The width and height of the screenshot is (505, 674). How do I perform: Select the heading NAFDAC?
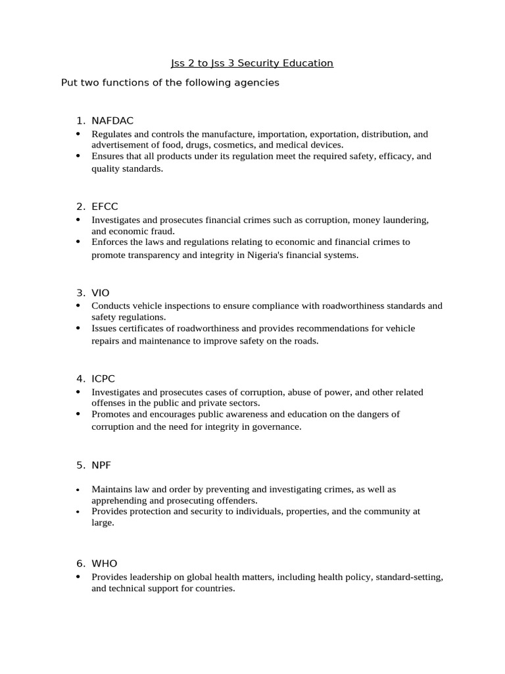112,120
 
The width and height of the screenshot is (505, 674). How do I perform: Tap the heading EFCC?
105,207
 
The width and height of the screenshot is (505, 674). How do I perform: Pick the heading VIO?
101,292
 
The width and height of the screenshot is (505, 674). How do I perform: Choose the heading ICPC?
104,378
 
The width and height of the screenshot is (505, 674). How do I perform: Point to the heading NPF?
101,465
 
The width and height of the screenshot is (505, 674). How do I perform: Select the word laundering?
406,219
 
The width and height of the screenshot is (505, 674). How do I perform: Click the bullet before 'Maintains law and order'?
78,490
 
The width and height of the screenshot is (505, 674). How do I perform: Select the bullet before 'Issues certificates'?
78,328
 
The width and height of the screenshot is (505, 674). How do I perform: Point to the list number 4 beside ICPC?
80,378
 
